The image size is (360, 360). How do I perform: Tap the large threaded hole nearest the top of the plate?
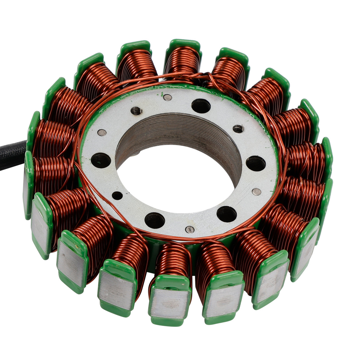coord(201,106)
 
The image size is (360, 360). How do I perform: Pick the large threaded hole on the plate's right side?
coord(256,163)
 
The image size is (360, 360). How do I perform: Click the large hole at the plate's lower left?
coord(154,220)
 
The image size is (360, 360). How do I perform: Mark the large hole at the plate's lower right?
coord(226,214)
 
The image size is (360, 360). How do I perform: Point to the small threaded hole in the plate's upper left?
coord(137,111)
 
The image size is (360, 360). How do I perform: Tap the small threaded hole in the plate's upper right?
coord(238,129)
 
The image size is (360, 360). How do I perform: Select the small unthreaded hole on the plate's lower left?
coord(117,195)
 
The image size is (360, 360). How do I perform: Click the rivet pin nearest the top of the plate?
coord(168,98)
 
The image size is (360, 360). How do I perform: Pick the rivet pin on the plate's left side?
coord(102,132)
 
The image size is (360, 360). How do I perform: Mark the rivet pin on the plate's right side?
coord(256,192)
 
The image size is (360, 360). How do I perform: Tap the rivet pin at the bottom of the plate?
coord(190,229)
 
